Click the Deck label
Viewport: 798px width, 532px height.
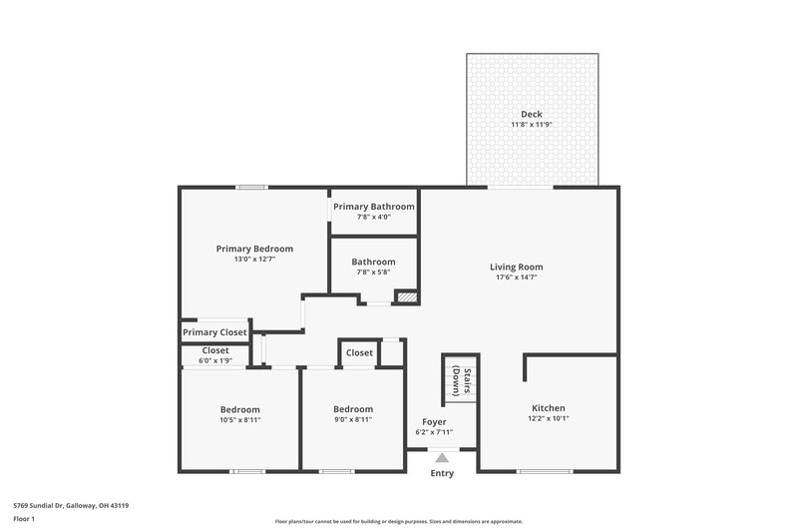(x=532, y=114)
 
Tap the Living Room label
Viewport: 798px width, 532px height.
(x=516, y=266)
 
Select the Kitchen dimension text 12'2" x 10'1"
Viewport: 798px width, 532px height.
(x=548, y=419)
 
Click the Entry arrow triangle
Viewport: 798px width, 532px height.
(x=442, y=457)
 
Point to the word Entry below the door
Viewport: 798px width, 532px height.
(x=442, y=473)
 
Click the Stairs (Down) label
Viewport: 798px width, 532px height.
(x=459, y=380)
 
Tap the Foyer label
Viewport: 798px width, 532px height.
(x=434, y=421)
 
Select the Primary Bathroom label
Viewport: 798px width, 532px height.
(x=373, y=207)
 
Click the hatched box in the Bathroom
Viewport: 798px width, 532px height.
(x=405, y=296)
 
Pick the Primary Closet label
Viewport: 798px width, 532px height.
(x=214, y=332)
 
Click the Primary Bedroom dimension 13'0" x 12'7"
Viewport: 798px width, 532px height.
(x=254, y=260)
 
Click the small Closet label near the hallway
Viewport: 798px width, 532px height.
(x=359, y=352)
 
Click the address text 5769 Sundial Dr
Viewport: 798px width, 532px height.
(x=69, y=505)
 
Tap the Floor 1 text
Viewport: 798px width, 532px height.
(x=24, y=520)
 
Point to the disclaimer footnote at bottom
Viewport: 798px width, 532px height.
(x=398, y=521)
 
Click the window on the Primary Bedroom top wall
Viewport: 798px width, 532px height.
(x=251, y=187)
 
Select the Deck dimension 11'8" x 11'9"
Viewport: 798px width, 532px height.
(x=532, y=125)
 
